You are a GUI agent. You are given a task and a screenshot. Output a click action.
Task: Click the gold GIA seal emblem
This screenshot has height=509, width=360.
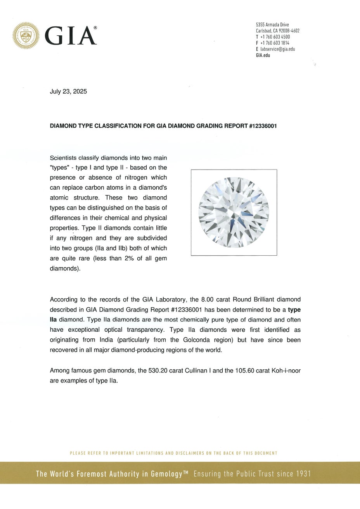[26, 36]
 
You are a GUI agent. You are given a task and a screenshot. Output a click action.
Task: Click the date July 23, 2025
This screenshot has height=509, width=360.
[68, 92]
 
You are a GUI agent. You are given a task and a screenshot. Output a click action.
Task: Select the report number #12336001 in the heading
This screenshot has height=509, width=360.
[263, 126]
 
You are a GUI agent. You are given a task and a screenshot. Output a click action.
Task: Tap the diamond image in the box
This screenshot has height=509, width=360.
[234, 212]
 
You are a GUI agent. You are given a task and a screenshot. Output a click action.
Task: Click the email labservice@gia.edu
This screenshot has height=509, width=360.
[277, 49]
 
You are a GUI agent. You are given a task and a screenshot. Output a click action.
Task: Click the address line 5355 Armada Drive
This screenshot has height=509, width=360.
[272, 25]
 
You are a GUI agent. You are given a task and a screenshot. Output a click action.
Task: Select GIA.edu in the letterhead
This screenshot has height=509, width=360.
[263, 55]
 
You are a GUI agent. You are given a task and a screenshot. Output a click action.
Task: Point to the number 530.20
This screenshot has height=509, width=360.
[157, 370]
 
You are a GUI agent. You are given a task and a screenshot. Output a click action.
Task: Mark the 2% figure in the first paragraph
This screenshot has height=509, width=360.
[129, 258]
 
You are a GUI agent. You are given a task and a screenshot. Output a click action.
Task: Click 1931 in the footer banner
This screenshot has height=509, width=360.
[303, 474]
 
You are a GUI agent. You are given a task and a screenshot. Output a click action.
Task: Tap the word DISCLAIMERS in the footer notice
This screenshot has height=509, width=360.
[189, 453]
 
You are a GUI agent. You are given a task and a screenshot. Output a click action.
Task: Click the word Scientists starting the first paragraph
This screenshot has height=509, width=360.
[63, 158]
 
